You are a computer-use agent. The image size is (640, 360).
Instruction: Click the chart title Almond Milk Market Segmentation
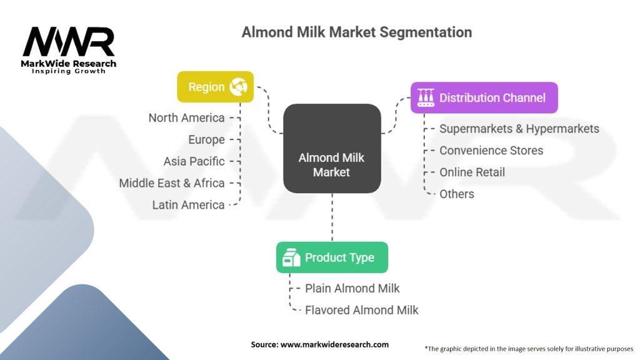tap(357, 32)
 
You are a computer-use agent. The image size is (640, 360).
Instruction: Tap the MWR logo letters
tap(69, 41)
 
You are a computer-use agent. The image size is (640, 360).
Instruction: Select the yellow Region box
tap(215, 87)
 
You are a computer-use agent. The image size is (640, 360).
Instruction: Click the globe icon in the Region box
tap(238, 87)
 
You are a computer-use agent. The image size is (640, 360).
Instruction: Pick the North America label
tap(186, 118)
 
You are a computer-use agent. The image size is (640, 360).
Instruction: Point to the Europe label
tap(206, 139)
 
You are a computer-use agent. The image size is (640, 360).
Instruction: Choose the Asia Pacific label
tap(194, 161)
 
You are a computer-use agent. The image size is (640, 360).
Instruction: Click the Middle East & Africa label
tap(172, 183)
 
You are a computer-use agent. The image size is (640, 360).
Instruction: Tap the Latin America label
tap(188, 204)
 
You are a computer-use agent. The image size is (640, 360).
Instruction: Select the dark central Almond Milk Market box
tap(332, 149)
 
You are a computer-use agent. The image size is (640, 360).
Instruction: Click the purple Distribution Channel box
tap(484, 97)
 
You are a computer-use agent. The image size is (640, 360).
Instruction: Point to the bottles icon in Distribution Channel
tap(426, 97)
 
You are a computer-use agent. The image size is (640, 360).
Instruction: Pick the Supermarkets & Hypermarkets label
tap(519, 129)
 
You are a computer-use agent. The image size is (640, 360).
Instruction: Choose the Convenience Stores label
tap(491, 151)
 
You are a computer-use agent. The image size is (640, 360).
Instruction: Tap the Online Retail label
tap(472, 172)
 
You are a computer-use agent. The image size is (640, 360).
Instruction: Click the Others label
tap(457, 194)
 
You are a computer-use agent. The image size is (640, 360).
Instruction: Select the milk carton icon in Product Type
tap(291, 257)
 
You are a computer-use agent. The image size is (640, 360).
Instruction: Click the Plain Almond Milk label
tap(352, 289)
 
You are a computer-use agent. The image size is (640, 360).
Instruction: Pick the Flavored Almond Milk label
tap(362, 310)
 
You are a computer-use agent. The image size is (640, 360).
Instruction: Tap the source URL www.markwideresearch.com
tap(335, 344)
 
